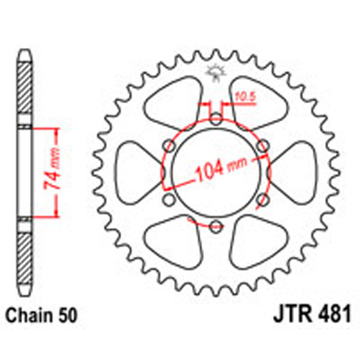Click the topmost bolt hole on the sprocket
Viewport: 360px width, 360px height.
pyautogui.click(x=216, y=118)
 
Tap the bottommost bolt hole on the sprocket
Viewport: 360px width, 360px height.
pyautogui.click(x=216, y=226)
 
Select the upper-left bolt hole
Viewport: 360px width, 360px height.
pyautogui.click(x=169, y=145)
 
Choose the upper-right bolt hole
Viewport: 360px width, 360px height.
pyautogui.click(x=263, y=145)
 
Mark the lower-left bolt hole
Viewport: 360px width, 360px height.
pyautogui.click(x=169, y=199)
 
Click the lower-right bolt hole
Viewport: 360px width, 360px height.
pyautogui.click(x=263, y=199)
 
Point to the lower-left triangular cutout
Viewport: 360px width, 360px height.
pyautogui.click(x=174, y=243)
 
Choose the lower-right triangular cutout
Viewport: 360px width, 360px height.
pyautogui.click(x=257, y=243)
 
